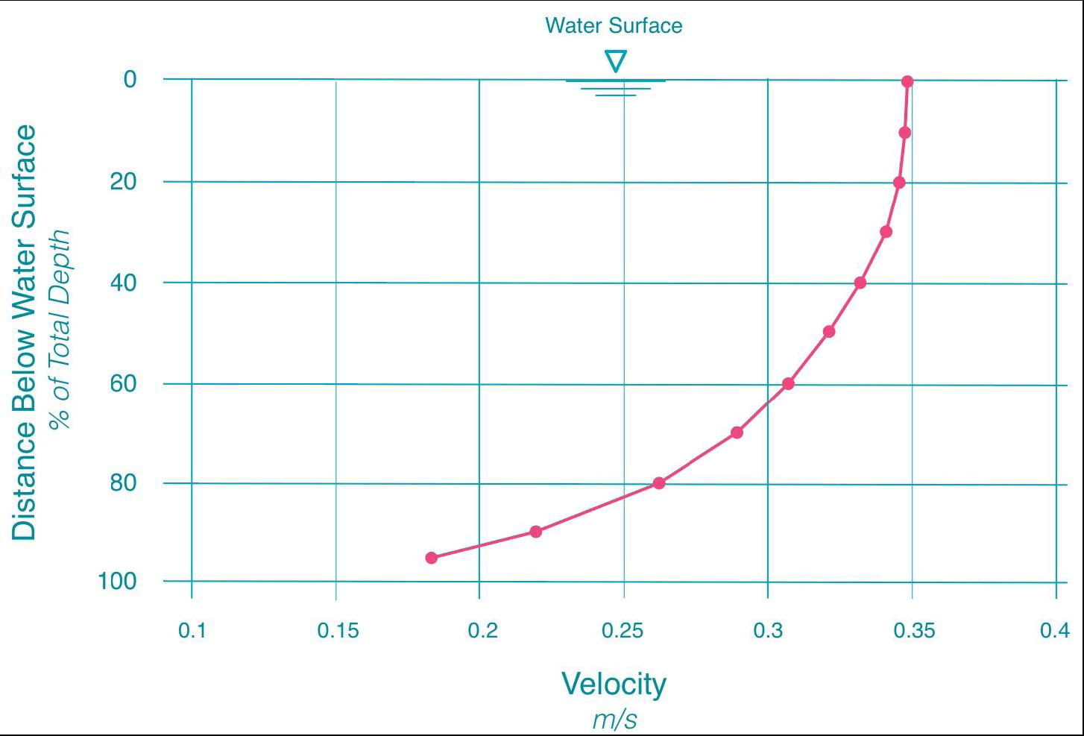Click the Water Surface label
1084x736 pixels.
coord(614,25)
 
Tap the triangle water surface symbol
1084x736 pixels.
coord(616,60)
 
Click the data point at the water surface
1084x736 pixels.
coord(907,81)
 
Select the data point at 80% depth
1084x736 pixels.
coord(658,482)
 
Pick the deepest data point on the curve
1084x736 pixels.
coord(431,557)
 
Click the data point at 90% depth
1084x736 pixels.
coord(535,531)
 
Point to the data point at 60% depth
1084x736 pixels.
coord(788,383)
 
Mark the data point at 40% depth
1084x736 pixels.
coord(860,283)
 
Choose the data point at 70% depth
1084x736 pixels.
coord(737,432)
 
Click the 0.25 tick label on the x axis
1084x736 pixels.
coord(623,631)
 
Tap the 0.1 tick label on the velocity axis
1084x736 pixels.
coord(192,631)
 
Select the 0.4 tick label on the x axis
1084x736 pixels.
coord(1054,631)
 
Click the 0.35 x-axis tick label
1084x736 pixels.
coord(913,631)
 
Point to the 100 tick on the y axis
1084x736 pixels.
coord(118,580)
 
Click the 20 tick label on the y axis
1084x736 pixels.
coord(124,181)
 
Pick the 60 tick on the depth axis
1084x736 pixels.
coord(124,383)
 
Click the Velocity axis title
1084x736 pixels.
coord(614,683)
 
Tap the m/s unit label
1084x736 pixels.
coord(615,720)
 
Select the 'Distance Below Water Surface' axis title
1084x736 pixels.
coord(24,333)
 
